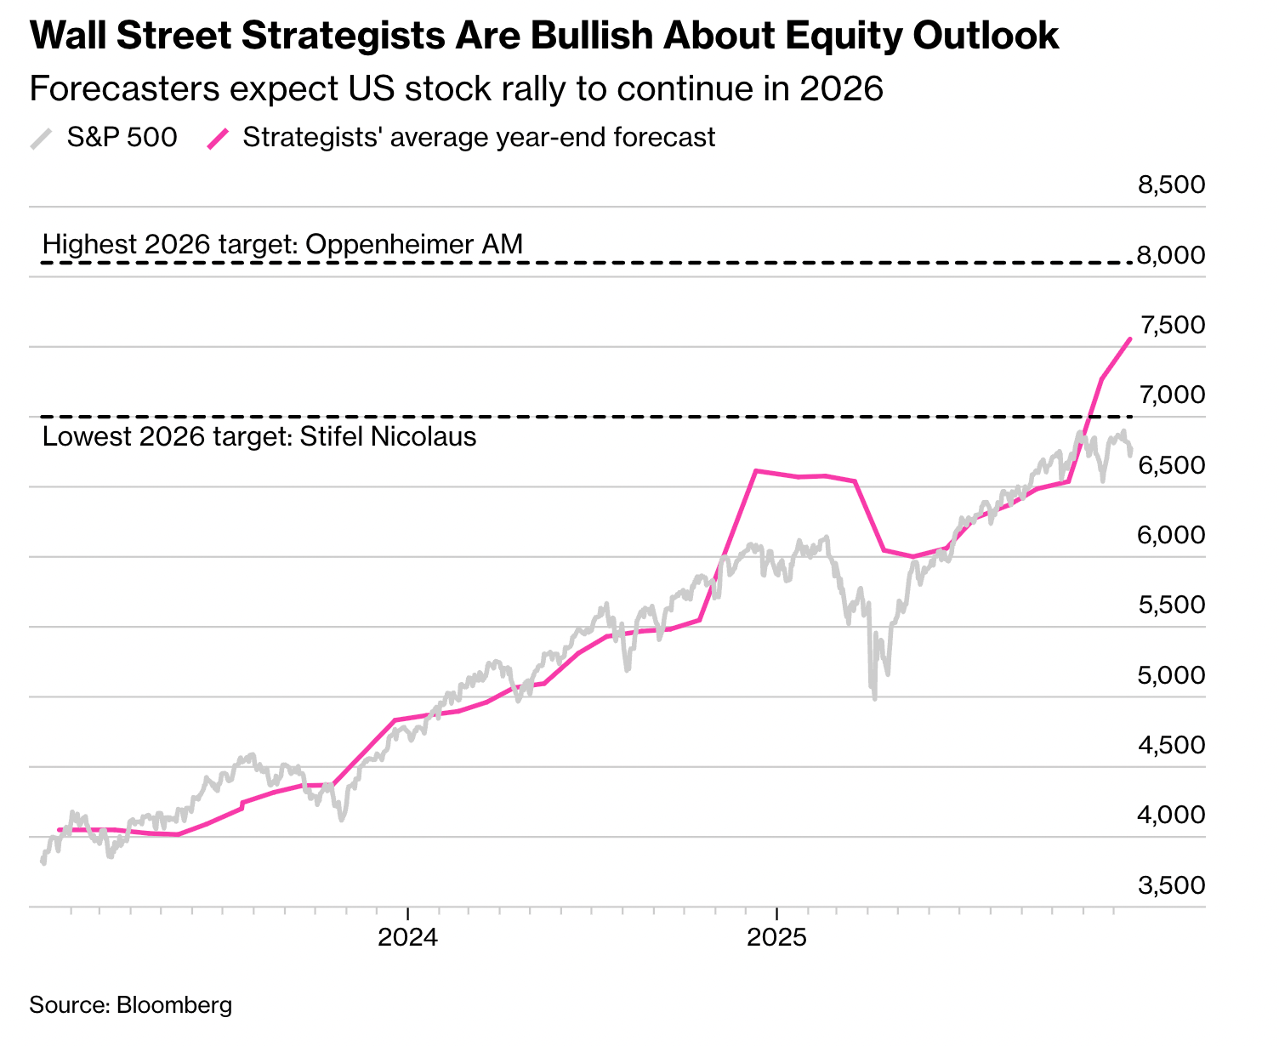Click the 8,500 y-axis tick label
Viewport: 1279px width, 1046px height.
(x=1171, y=185)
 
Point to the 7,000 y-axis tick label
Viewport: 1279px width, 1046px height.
(x=1171, y=395)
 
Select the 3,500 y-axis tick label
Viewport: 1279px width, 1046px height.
(x=1171, y=885)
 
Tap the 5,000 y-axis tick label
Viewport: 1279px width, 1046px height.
(x=1171, y=675)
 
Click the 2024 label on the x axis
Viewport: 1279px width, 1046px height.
(x=407, y=938)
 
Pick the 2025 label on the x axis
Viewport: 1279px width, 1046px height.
(x=776, y=938)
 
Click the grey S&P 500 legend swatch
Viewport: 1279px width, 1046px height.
(x=42, y=138)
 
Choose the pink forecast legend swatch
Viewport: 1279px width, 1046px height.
(x=219, y=138)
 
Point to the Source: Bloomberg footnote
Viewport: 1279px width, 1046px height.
(x=130, y=1005)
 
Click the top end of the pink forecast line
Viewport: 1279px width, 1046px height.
(x=1130, y=338)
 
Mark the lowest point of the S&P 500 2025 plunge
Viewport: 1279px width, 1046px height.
(x=875, y=699)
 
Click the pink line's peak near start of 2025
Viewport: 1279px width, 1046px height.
(x=756, y=470)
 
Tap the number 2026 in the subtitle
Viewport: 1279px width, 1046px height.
(x=841, y=89)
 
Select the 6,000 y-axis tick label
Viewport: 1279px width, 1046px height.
(x=1171, y=535)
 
